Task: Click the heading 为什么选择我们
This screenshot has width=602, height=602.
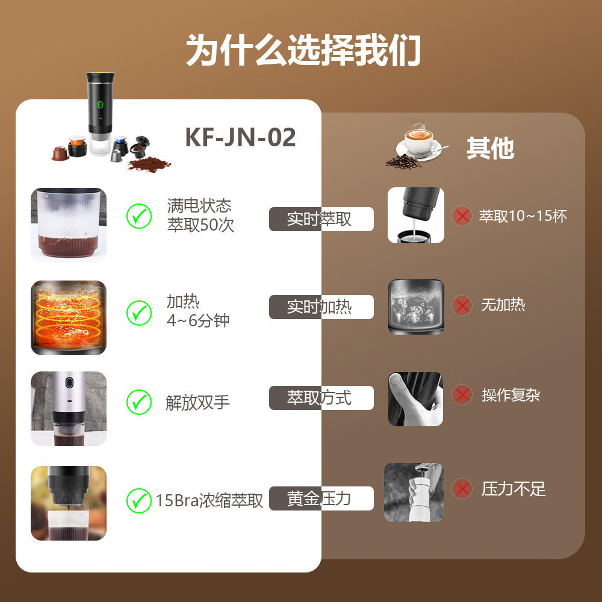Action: coord(303,50)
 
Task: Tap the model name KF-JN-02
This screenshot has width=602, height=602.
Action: coord(240,137)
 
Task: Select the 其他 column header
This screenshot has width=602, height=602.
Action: coord(490,148)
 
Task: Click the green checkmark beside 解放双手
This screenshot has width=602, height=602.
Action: coord(139,402)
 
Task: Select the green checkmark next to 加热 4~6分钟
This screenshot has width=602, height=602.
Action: coord(139,312)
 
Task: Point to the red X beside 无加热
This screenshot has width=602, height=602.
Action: coord(462,306)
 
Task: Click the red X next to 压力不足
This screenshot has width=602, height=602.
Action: coord(462,489)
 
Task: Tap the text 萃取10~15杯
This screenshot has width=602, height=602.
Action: coord(523,216)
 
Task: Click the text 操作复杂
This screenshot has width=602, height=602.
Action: coord(510,395)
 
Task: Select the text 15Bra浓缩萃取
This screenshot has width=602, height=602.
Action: coord(209,500)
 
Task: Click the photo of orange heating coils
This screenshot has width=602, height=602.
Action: coord(68,317)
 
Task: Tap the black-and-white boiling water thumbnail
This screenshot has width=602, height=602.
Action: coord(415,306)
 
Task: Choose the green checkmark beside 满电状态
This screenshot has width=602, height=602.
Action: coord(139,216)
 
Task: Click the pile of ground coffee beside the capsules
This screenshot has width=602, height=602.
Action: coord(149,164)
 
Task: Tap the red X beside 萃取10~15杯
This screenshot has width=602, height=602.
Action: coord(462,216)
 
